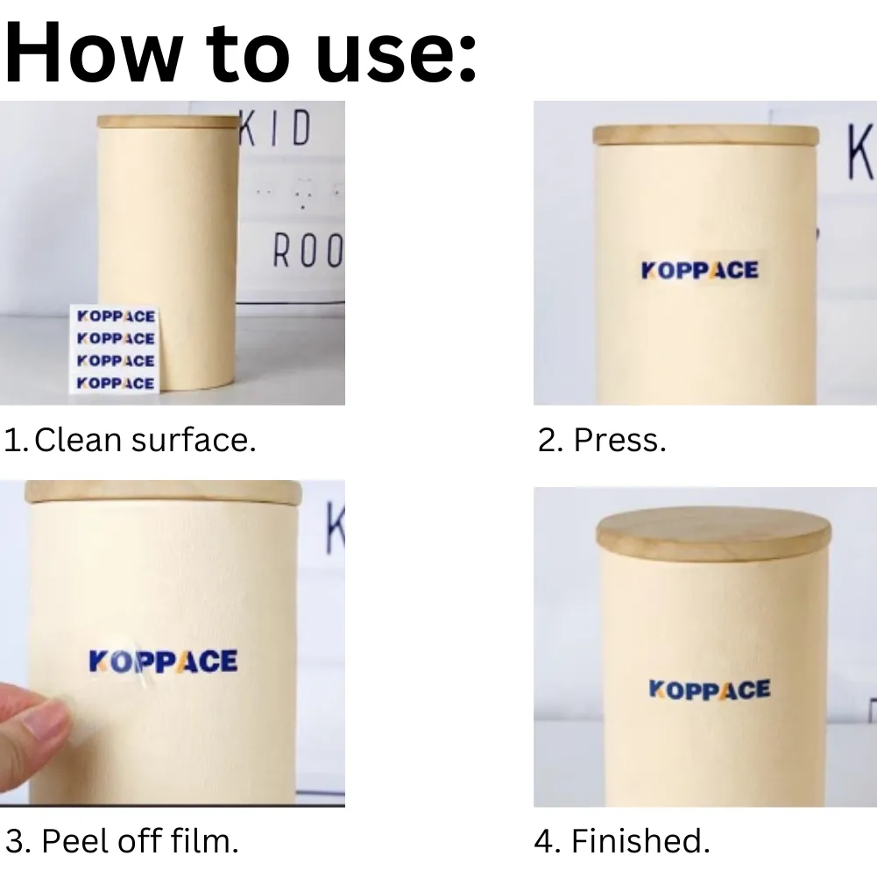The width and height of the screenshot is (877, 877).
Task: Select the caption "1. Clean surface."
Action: (x=130, y=440)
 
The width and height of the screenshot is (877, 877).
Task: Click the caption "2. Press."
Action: (x=602, y=440)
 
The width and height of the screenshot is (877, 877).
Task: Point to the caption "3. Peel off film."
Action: (x=122, y=841)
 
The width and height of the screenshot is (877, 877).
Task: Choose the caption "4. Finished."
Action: (x=622, y=841)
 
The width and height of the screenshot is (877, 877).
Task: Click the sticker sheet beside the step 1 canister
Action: (x=115, y=350)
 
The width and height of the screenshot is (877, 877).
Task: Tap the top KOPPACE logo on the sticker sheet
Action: (x=116, y=316)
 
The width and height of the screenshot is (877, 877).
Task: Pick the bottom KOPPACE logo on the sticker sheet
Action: (x=116, y=383)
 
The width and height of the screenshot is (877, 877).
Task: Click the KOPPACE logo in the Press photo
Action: (x=700, y=270)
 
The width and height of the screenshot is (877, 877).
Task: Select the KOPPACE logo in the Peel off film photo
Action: (x=163, y=661)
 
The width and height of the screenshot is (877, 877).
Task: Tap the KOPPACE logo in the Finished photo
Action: (x=709, y=690)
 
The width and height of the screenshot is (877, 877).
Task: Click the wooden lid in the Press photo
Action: (x=706, y=136)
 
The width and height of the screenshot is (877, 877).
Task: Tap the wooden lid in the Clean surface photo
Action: (x=168, y=122)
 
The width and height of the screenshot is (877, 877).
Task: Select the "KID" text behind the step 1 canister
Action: (x=276, y=128)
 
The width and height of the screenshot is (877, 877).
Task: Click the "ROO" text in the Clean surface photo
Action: (x=308, y=251)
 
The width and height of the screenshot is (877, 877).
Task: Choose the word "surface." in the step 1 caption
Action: (x=194, y=440)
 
